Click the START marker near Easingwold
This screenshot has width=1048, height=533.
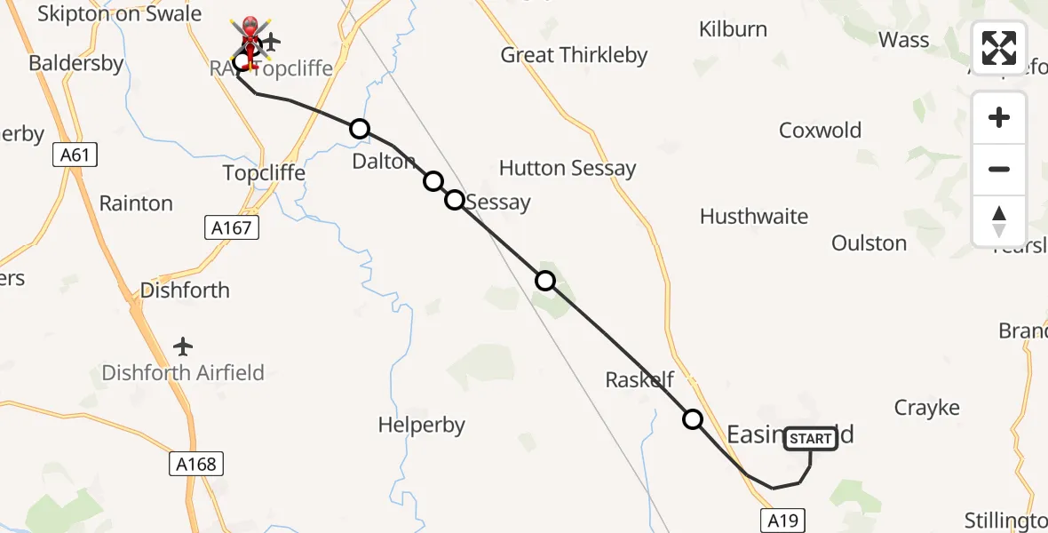coord(810,439)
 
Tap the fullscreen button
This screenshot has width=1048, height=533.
coord(999,48)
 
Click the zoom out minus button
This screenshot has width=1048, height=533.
coord(999,169)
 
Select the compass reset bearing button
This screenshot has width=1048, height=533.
coord(999,221)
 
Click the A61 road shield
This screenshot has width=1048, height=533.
coord(75,155)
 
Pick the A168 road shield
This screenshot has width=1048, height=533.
coord(195,463)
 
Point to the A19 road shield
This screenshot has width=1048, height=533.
coord(782,521)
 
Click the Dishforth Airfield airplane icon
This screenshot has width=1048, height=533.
coord(183,346)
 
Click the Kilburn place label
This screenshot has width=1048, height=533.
coord(733,29)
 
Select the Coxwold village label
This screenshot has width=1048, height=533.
coord(820,131)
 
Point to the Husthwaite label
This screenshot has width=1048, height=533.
coord(754,217)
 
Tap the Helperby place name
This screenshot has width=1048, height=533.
coord(421,426)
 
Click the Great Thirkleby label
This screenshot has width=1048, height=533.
coord(574,55)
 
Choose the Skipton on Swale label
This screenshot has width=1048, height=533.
coord(119,14)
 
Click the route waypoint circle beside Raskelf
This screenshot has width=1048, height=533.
coord(692,419)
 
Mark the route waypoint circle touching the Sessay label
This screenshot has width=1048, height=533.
coord(454,200)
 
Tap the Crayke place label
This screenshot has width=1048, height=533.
coord(926,408)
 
